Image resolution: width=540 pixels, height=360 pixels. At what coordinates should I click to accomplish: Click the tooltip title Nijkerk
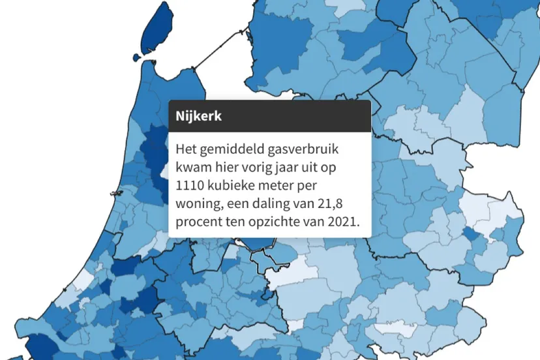point(198,117)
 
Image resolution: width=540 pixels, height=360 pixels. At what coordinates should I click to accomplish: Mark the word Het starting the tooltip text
point(186,149)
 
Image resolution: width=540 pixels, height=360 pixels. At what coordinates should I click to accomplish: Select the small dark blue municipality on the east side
point(469,234)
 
